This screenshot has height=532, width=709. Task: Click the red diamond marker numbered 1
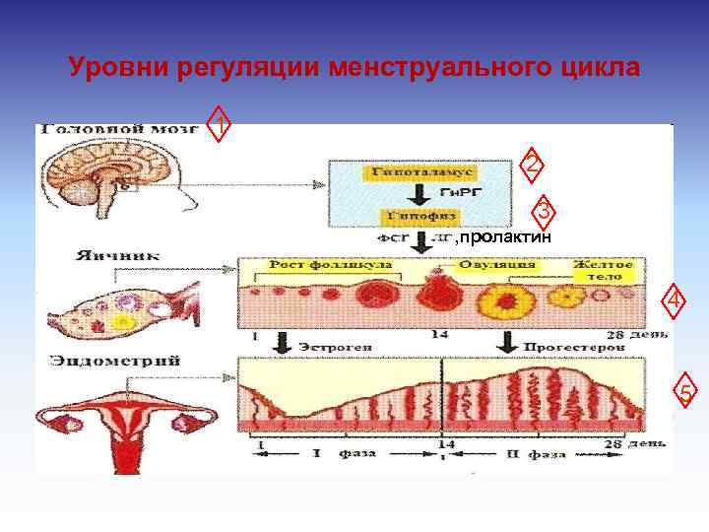(223, 123)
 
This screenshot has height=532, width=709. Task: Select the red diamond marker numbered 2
(532, 166)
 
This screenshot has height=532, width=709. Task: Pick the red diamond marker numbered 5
(686, 395)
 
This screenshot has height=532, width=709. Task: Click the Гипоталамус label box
(410, 171)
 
